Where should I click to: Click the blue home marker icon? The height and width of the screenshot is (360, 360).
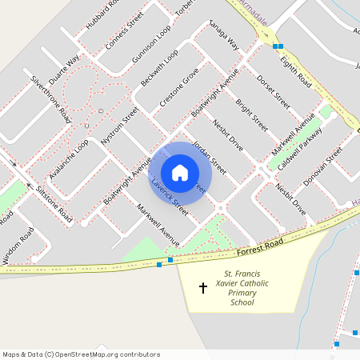[x=180, y=173]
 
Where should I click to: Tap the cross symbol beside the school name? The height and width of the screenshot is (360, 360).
[x=202, y=286]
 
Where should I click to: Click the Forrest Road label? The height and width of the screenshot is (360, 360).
[x=260, y=246]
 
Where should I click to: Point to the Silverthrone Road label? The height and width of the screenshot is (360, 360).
[x=50, y=99]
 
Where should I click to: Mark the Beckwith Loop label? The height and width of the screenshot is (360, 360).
[x=159, y=70]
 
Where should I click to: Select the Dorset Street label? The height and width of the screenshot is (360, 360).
[x=274, y=92]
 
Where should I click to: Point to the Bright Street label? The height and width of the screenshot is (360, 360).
[x=251, y=115]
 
